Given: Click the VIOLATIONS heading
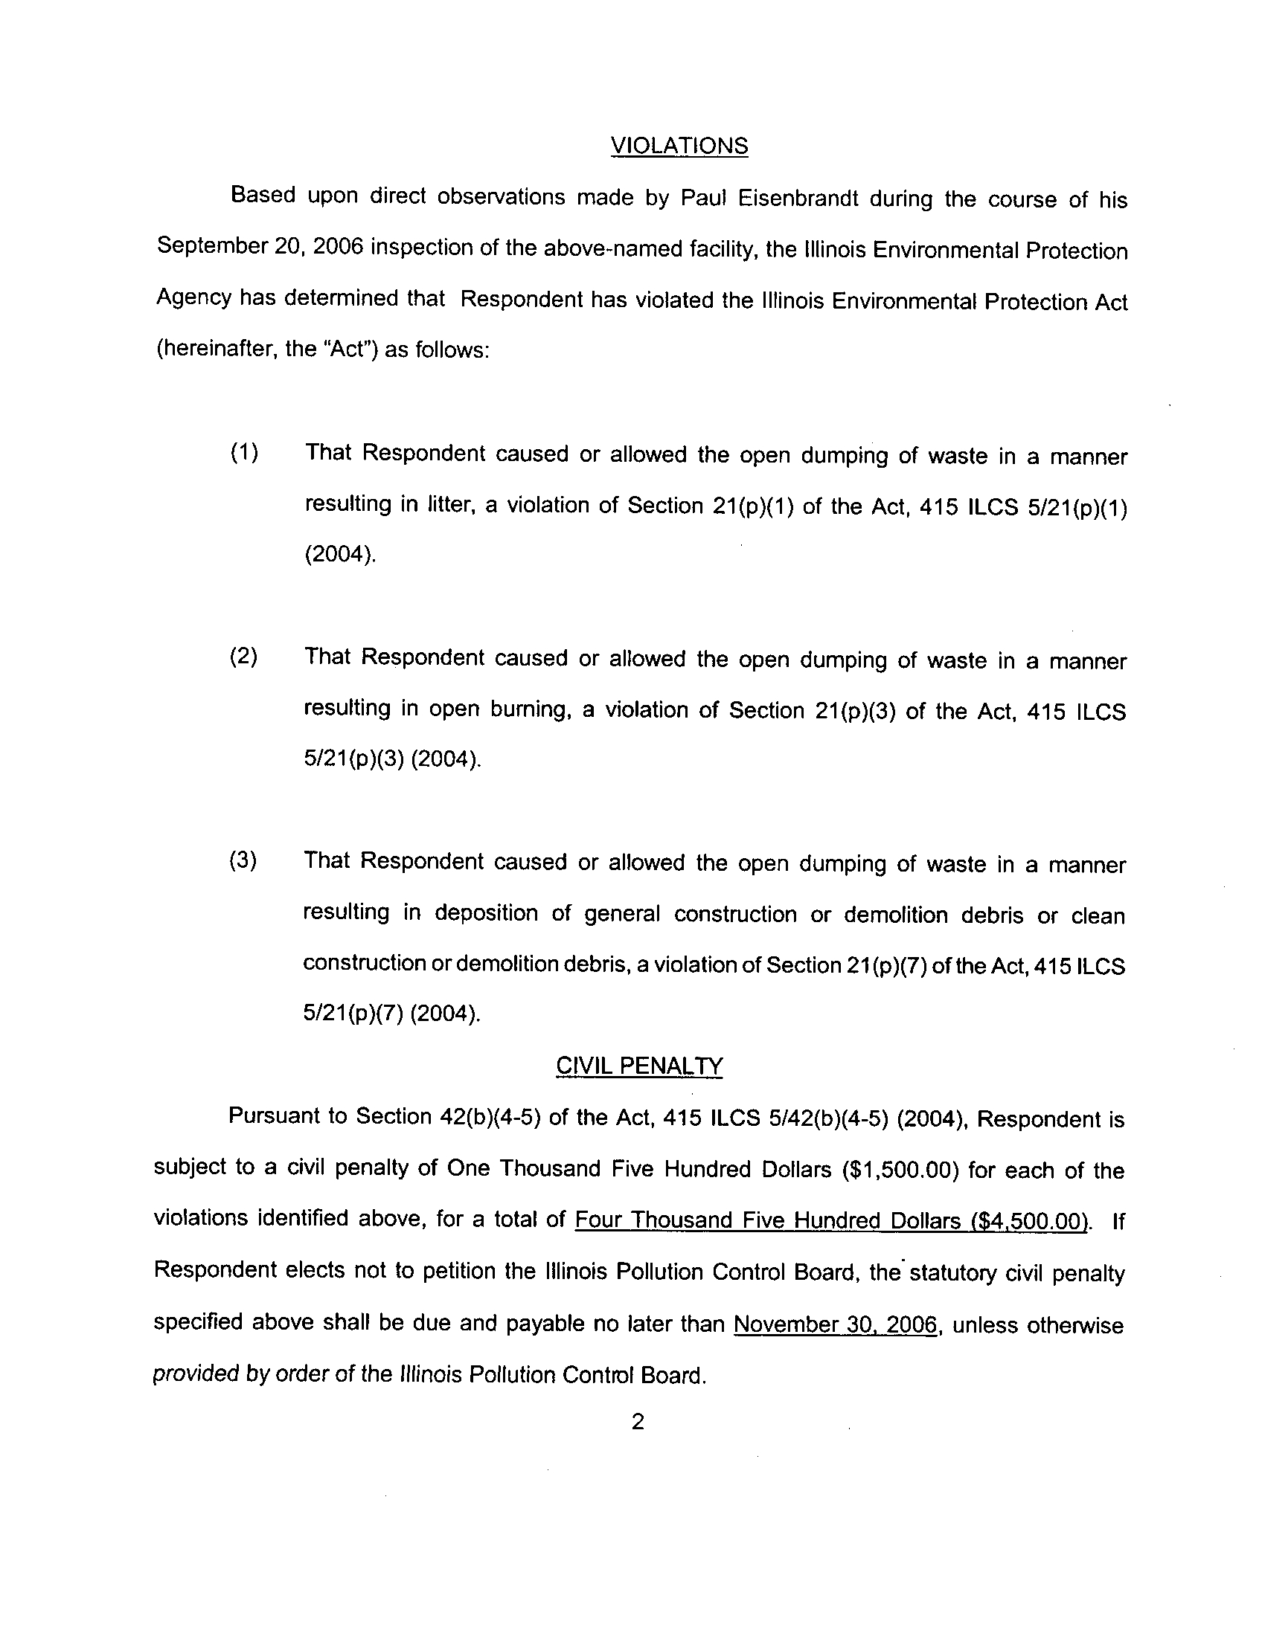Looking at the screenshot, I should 679,145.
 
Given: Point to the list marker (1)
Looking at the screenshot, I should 244,452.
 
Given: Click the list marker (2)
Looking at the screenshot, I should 243,656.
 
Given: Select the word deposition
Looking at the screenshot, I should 487,912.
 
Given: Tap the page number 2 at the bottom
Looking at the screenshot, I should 638,1421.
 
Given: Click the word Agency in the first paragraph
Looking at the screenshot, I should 193,298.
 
